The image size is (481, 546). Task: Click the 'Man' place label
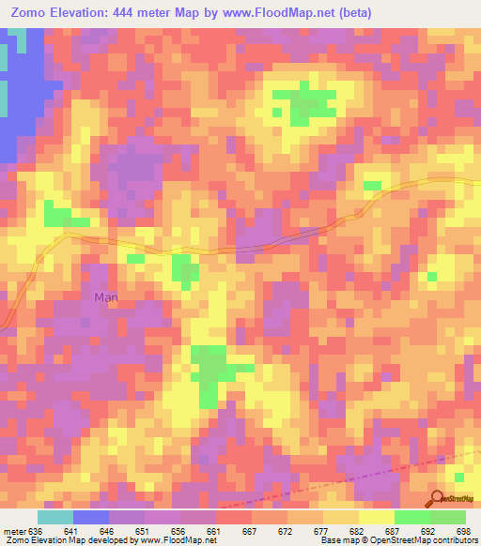click(106, 297)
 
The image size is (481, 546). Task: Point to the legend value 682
click(359, 530)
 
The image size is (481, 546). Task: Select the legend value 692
click(430, 530)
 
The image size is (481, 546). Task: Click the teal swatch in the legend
click(55, 517)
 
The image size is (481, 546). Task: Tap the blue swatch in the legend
click(91, 517)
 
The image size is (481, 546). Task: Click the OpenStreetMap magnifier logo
click(436, 499)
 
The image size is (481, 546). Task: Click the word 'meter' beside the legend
click(14, 530)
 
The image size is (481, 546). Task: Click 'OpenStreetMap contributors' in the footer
click(426, 540)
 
